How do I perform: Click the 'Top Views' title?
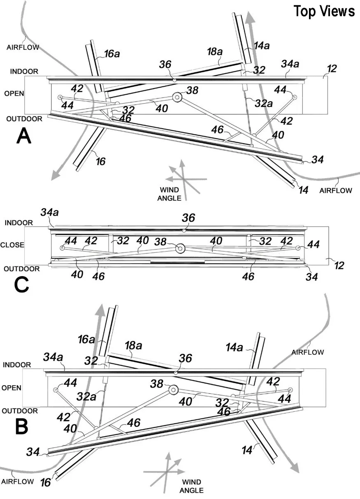(324, 11)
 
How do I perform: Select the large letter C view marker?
(21, 284)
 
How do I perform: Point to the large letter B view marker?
(22, 427)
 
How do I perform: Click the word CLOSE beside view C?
(13, 245)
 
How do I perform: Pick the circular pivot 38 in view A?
(177, 97)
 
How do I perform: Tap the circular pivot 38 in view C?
(179, 248)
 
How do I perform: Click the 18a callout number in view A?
(215, 52)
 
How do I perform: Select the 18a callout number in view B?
(134, 345)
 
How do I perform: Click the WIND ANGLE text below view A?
(169, 194)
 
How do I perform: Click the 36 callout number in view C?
(188, 217)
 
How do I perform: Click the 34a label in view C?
(49, 213)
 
